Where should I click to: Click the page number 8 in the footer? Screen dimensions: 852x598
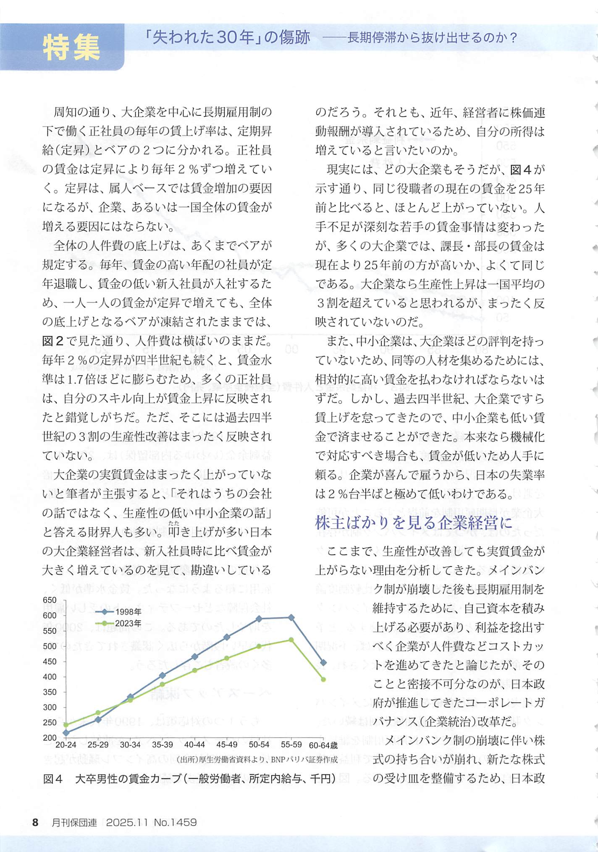coord(35,822)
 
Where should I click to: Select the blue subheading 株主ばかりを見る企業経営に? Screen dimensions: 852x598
coord(414,523)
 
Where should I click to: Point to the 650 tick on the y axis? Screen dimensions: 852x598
coord(50,601)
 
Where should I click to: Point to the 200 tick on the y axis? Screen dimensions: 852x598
coord(50,737)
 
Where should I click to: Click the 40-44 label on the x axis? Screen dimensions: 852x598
coord(194,745)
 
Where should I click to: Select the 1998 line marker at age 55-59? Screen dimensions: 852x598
coord(291,618)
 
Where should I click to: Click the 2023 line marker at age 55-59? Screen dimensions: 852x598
coord(291,640)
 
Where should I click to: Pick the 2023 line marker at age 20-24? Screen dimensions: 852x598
coord(66,725)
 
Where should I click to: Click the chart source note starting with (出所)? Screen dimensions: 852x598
coord(257,760)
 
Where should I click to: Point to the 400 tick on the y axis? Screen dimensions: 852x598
coord(50,677)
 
